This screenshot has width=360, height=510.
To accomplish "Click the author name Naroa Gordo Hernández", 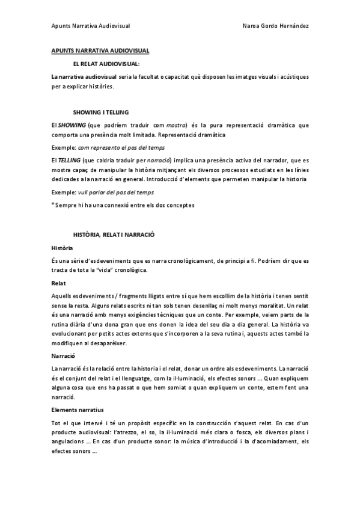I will (276, 26).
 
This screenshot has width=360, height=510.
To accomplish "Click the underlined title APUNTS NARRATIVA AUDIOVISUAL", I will (100, 52).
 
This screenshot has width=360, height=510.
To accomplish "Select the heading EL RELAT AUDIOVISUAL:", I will (106, 64).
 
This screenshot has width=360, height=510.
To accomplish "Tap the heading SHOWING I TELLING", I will (101, 112).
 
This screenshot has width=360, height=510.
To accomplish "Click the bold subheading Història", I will (63, 247).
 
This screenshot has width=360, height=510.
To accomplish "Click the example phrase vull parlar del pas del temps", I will (116, 192).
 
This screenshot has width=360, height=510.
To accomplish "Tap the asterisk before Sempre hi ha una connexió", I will (53, 205).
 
